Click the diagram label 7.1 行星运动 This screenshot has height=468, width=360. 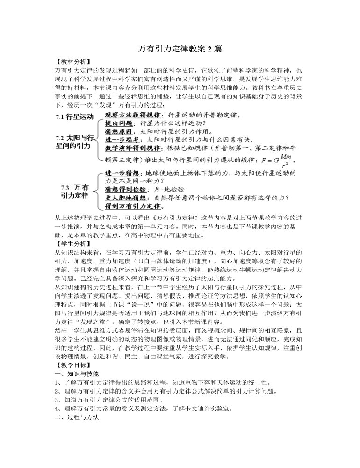(x=75, y=117)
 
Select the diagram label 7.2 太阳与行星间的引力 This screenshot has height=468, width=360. (x=75, y=142)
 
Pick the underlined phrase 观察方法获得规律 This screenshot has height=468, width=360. (x=134, y=115)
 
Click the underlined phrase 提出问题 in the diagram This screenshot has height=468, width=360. (x=118, y=124)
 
